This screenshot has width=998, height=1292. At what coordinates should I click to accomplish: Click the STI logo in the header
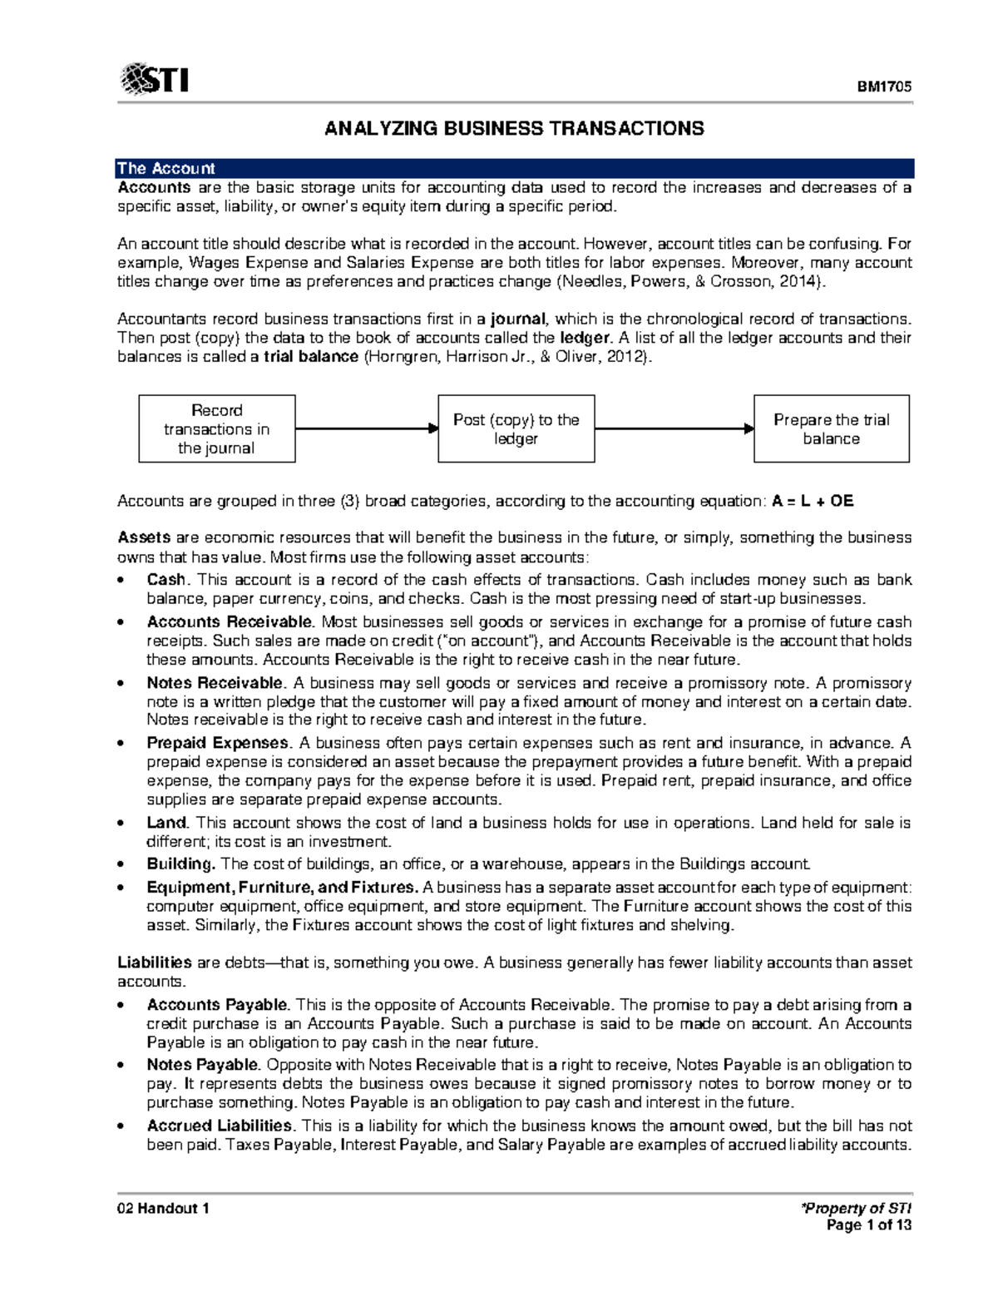155,80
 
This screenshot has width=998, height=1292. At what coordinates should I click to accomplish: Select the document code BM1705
885,87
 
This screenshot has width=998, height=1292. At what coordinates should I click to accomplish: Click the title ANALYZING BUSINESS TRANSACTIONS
514,128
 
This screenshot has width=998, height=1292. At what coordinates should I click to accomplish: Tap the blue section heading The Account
166,168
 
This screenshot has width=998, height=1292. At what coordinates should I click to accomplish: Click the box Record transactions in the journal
216,429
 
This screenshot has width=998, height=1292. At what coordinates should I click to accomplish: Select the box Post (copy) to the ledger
516,429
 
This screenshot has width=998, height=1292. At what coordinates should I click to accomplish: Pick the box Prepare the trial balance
831,429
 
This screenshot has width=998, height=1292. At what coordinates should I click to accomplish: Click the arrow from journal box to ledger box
366,429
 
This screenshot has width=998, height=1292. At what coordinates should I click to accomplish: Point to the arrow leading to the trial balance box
674,429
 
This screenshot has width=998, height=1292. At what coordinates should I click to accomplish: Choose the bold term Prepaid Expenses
218,743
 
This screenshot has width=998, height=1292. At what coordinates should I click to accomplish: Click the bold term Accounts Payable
217,1004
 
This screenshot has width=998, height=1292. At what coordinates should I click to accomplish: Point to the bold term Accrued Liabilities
220,1126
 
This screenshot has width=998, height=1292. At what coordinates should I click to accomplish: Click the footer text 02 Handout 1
163,1208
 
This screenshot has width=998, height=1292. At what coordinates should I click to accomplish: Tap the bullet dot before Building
122,864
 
